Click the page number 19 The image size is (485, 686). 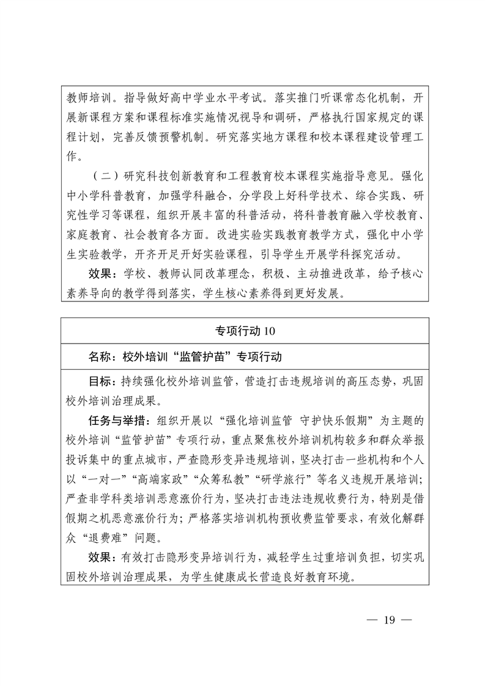[390, 619]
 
